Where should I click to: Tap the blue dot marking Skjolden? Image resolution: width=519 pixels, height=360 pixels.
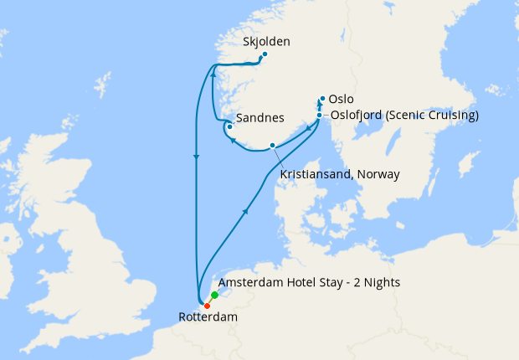coord(265,55)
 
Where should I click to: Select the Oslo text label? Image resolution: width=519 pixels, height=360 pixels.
coord(342,99)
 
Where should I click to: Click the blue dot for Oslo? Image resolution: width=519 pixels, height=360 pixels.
coord(322,98)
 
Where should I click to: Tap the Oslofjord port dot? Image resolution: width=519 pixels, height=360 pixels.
coord(320,116)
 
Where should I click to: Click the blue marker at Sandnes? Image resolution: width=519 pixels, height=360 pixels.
coord(228,127)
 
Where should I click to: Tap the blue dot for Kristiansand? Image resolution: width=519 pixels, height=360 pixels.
coord(272,146)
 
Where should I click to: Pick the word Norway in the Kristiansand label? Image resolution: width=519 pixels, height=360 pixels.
coord(378,174)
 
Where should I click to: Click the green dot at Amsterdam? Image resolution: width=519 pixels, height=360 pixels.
coord(215,296)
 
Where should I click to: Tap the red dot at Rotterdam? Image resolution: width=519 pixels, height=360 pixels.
coord(207,305)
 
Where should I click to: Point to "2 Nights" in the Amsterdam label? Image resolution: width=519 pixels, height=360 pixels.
coord(376,283)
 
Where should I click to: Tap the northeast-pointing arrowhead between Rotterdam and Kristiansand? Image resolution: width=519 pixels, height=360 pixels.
coord(244,213)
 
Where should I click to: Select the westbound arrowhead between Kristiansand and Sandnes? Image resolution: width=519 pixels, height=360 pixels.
coord(235,141)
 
